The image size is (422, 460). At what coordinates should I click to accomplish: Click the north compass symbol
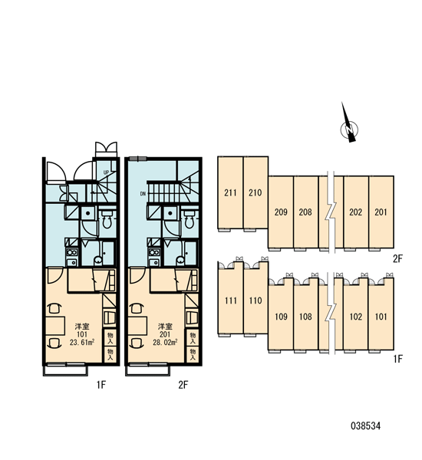point(349,127)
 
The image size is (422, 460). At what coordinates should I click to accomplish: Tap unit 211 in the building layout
point(230,192)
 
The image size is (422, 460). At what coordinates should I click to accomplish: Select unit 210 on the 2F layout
point(256,192)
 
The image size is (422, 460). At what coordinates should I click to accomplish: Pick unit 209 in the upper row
point(281,212)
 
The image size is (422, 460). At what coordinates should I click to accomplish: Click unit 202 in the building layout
point(356,212)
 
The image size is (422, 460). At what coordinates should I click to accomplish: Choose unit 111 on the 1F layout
point(230,301)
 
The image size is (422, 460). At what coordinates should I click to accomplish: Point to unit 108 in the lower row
point(305,317)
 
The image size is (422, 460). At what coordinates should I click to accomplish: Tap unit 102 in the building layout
point(356,317)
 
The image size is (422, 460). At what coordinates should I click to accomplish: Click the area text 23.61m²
point(82,342)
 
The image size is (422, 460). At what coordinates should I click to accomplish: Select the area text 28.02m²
point(165,342)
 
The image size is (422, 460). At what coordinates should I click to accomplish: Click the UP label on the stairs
point(106,172)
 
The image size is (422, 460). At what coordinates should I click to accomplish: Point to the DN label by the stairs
point(143,194)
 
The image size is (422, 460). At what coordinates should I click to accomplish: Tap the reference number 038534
point(366,426)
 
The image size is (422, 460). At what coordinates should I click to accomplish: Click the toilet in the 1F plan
point(107,220)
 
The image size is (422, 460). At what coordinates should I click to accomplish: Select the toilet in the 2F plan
point(189,220)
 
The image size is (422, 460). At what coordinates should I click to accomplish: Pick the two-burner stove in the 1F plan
point(71,252)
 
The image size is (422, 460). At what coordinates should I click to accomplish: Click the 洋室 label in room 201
point(165,327)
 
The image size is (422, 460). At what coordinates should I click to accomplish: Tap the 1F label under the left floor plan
point(101,385)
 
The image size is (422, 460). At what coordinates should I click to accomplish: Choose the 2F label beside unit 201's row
point(398,259)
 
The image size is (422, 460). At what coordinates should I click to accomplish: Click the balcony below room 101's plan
point(65,370)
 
